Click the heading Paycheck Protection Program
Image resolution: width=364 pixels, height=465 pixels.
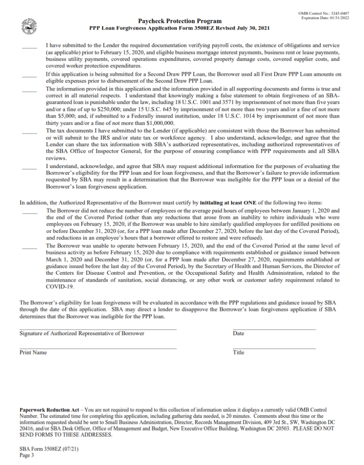[180, 21]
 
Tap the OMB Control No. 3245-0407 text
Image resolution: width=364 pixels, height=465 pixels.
[324, 14]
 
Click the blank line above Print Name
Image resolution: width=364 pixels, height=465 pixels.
[98, 348]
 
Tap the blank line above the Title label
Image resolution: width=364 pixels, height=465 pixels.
[274, 348]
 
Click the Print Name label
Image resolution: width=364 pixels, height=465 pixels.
[33, 352]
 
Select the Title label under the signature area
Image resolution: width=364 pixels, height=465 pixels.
[238, 352]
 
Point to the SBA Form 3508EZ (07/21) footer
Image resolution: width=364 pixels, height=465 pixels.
[46, 449]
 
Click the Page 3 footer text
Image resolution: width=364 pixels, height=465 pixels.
[27, 455]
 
